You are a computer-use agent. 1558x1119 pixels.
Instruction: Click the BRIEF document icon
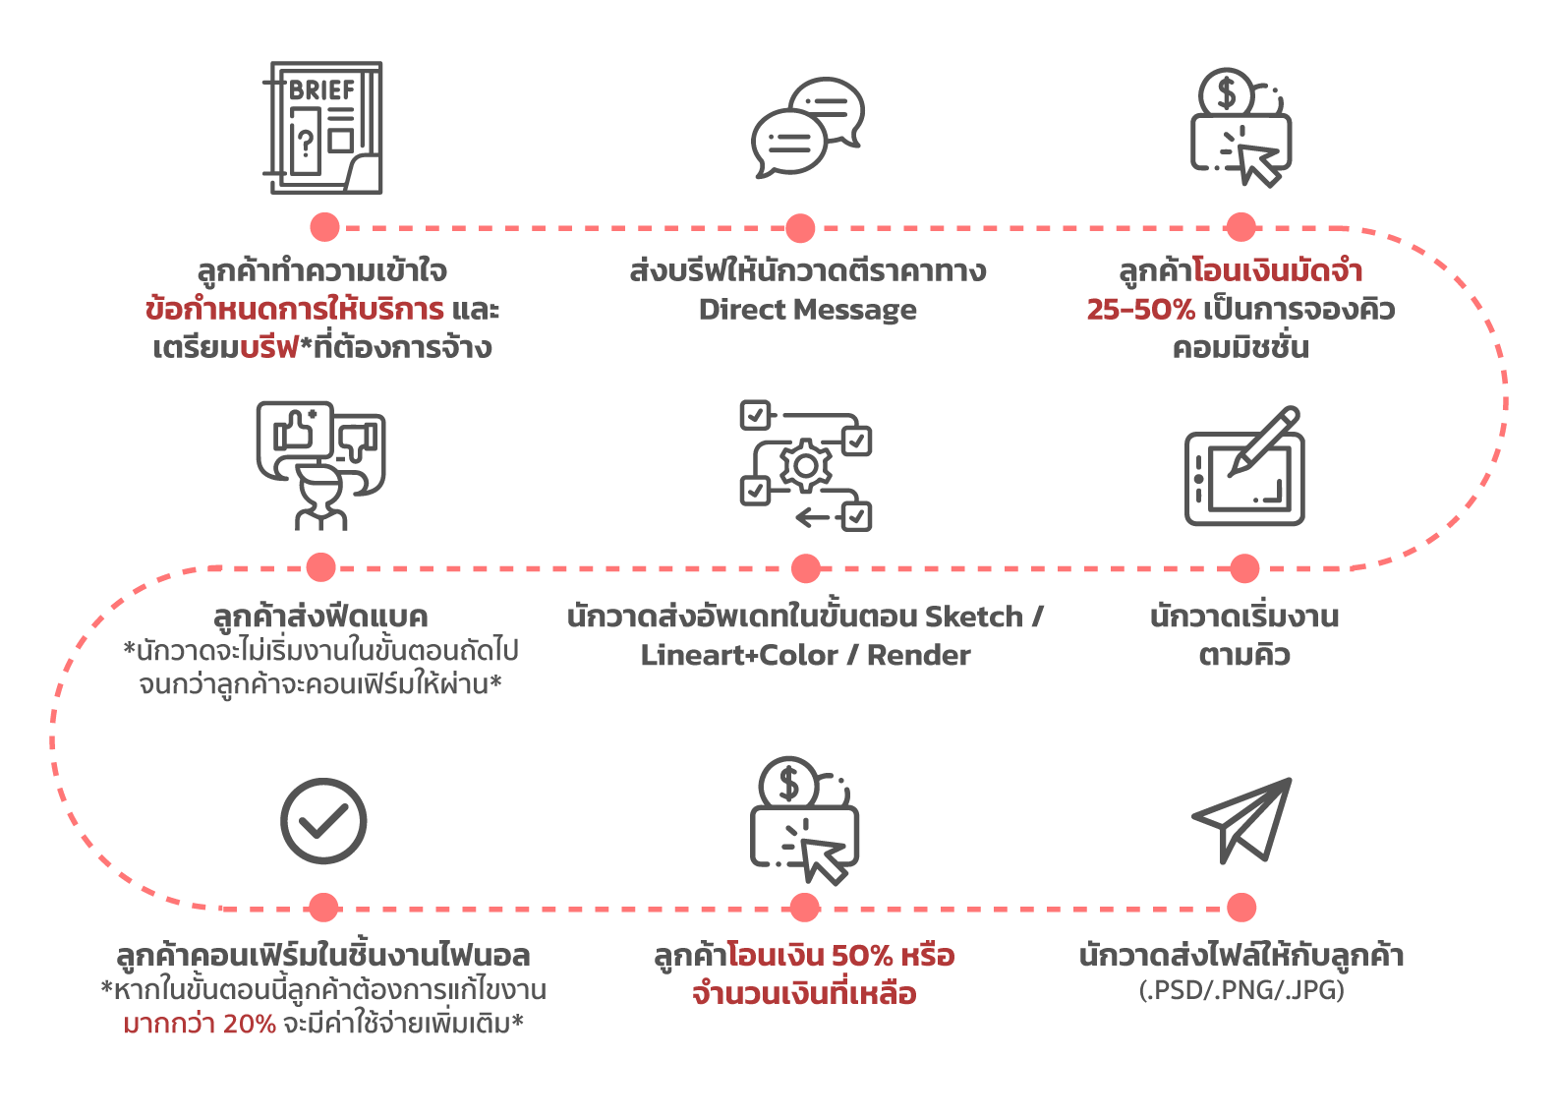pos(323,128)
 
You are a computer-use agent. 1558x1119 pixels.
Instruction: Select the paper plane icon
pos(1242,820)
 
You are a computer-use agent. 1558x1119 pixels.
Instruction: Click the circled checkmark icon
pos(323,821)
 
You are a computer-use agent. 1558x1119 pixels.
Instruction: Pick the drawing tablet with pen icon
pos(1244,468)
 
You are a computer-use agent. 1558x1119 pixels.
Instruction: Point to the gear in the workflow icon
pos(806,466)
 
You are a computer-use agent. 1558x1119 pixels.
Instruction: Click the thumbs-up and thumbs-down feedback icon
pos(320,464)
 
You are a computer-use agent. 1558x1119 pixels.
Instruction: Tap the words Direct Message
pos(807,310)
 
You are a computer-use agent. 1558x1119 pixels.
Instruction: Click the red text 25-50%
pos(1140,310)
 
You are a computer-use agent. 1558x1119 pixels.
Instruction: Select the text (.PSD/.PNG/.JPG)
pos(1241,990)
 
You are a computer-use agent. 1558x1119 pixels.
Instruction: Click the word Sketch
pos(974,617)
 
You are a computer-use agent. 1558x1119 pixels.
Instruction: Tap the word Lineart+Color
pos(739,656)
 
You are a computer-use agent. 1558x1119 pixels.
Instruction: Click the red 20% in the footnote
pos(249,1025)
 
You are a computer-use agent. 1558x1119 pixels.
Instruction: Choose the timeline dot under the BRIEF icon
pos(324,227)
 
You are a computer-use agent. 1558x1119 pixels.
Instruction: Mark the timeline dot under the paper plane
pos(1241,908)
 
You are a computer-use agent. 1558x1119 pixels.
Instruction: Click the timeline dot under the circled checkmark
pos(323,908)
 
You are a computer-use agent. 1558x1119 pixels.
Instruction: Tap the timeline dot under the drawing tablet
pos(1244,568)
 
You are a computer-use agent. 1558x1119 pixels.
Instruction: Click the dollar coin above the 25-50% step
pos(1226,93)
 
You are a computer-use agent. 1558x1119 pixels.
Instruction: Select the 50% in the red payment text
pos(862,956)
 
